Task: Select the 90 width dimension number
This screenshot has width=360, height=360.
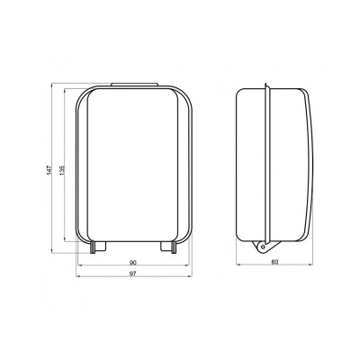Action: pyautogui.click(x=133, y=263)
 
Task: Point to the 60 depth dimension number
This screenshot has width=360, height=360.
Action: pyautogui.click(x=274, y=263)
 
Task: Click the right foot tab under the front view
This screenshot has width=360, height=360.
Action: pyautogui.click(x=167, y=245)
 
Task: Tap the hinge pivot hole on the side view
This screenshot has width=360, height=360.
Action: pyautogui.click(x=262, y=247)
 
